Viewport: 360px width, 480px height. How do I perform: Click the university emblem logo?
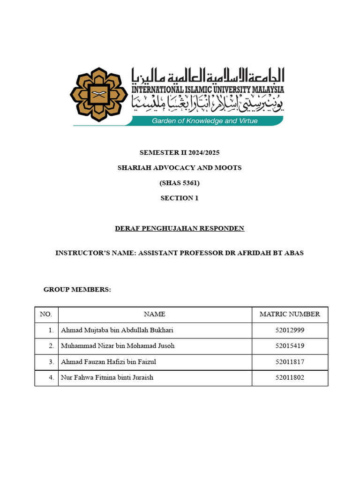pyautogui.click(x=98, y=95)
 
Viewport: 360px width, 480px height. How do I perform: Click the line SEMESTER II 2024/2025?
pyautogui.click(x=180, y=153)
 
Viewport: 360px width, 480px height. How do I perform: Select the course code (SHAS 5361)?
pyautogui.click(x=180, y=183)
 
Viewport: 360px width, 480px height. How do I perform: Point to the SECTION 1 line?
pyautogui.click(x=180, y=198)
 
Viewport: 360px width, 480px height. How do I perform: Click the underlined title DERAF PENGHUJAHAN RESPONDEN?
pyautogui.click(x=180, y=228)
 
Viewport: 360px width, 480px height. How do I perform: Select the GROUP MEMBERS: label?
pyautogui.click(x=77, y=290)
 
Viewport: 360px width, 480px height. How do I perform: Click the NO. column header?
pyautogui.click(x=46, y=314)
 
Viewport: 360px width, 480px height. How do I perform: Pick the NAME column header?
pyautogui.click(x=154, y=314)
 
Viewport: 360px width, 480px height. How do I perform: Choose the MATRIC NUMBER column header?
pyautogui.click(x=290, y=314)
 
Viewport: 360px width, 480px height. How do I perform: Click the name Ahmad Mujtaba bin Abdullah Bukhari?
pyautogui.click(x=117, y=330)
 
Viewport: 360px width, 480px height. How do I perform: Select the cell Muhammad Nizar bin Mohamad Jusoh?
pyautogui.click(x=118, y=346)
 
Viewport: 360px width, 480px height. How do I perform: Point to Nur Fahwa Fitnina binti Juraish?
pyautogui.click(x=107, y=377)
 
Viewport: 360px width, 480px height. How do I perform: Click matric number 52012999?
pyautogui.click(x=290, y=330)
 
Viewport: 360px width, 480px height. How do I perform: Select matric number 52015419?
pyautogui.click(x=290, y=346)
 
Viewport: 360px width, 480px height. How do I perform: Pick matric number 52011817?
pyautogui.click(x=290, y=362)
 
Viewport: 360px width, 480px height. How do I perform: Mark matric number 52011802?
pyautogui.click(x=290, y=377)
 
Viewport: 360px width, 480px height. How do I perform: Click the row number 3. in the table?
pyautogui.click(x=51, y=362)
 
